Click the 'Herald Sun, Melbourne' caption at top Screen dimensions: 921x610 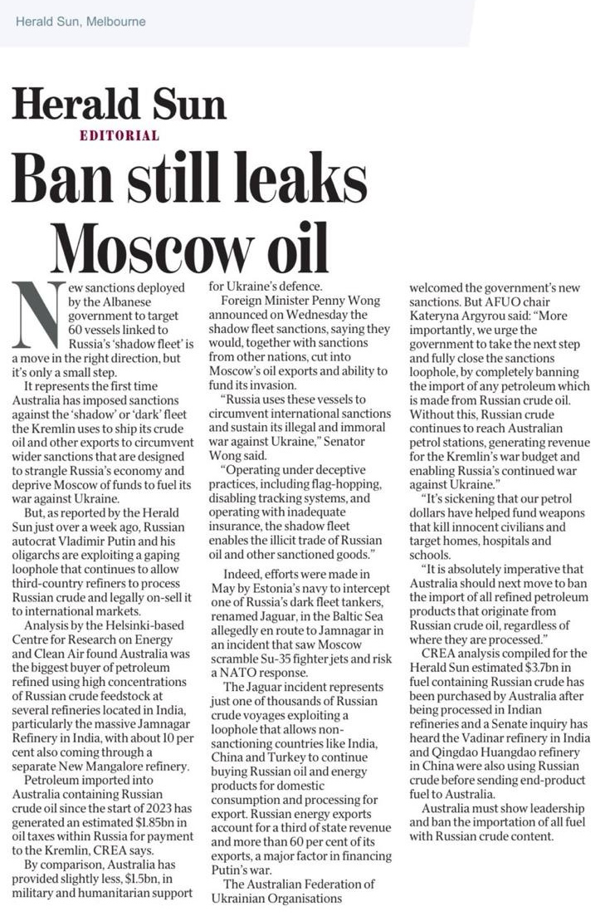[81, 21]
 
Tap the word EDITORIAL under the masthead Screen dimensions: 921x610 [119, 135]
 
